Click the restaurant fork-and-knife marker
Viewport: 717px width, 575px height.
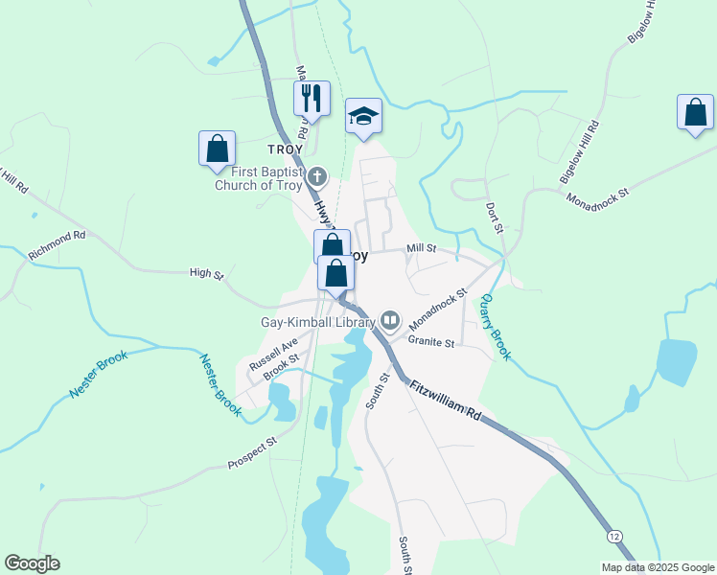tap(312, 98)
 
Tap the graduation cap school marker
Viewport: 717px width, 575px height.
tap(363, 116)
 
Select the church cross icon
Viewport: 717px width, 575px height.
tap(318, 176)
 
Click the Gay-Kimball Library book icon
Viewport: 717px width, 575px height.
tap(390, 319)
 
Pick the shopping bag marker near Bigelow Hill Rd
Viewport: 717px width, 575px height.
tap(695, 112)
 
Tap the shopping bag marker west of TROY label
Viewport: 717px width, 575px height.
tap(218, 149)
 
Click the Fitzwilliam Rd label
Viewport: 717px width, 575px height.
tap(444, 401)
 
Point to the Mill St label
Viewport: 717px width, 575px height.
tap(421, 248)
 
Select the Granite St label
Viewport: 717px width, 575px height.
tap(428, 339)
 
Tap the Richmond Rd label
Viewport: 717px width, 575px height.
tap(58, 246)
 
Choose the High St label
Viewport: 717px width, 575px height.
tap(206, 274)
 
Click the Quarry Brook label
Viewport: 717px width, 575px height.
tap(496, 327)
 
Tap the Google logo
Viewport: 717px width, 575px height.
tap(32, 563)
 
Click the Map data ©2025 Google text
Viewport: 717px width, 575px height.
tap(657, 566)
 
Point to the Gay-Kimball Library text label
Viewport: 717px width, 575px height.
tap(319, 323)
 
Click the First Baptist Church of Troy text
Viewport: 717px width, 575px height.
tap(259, 179)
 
